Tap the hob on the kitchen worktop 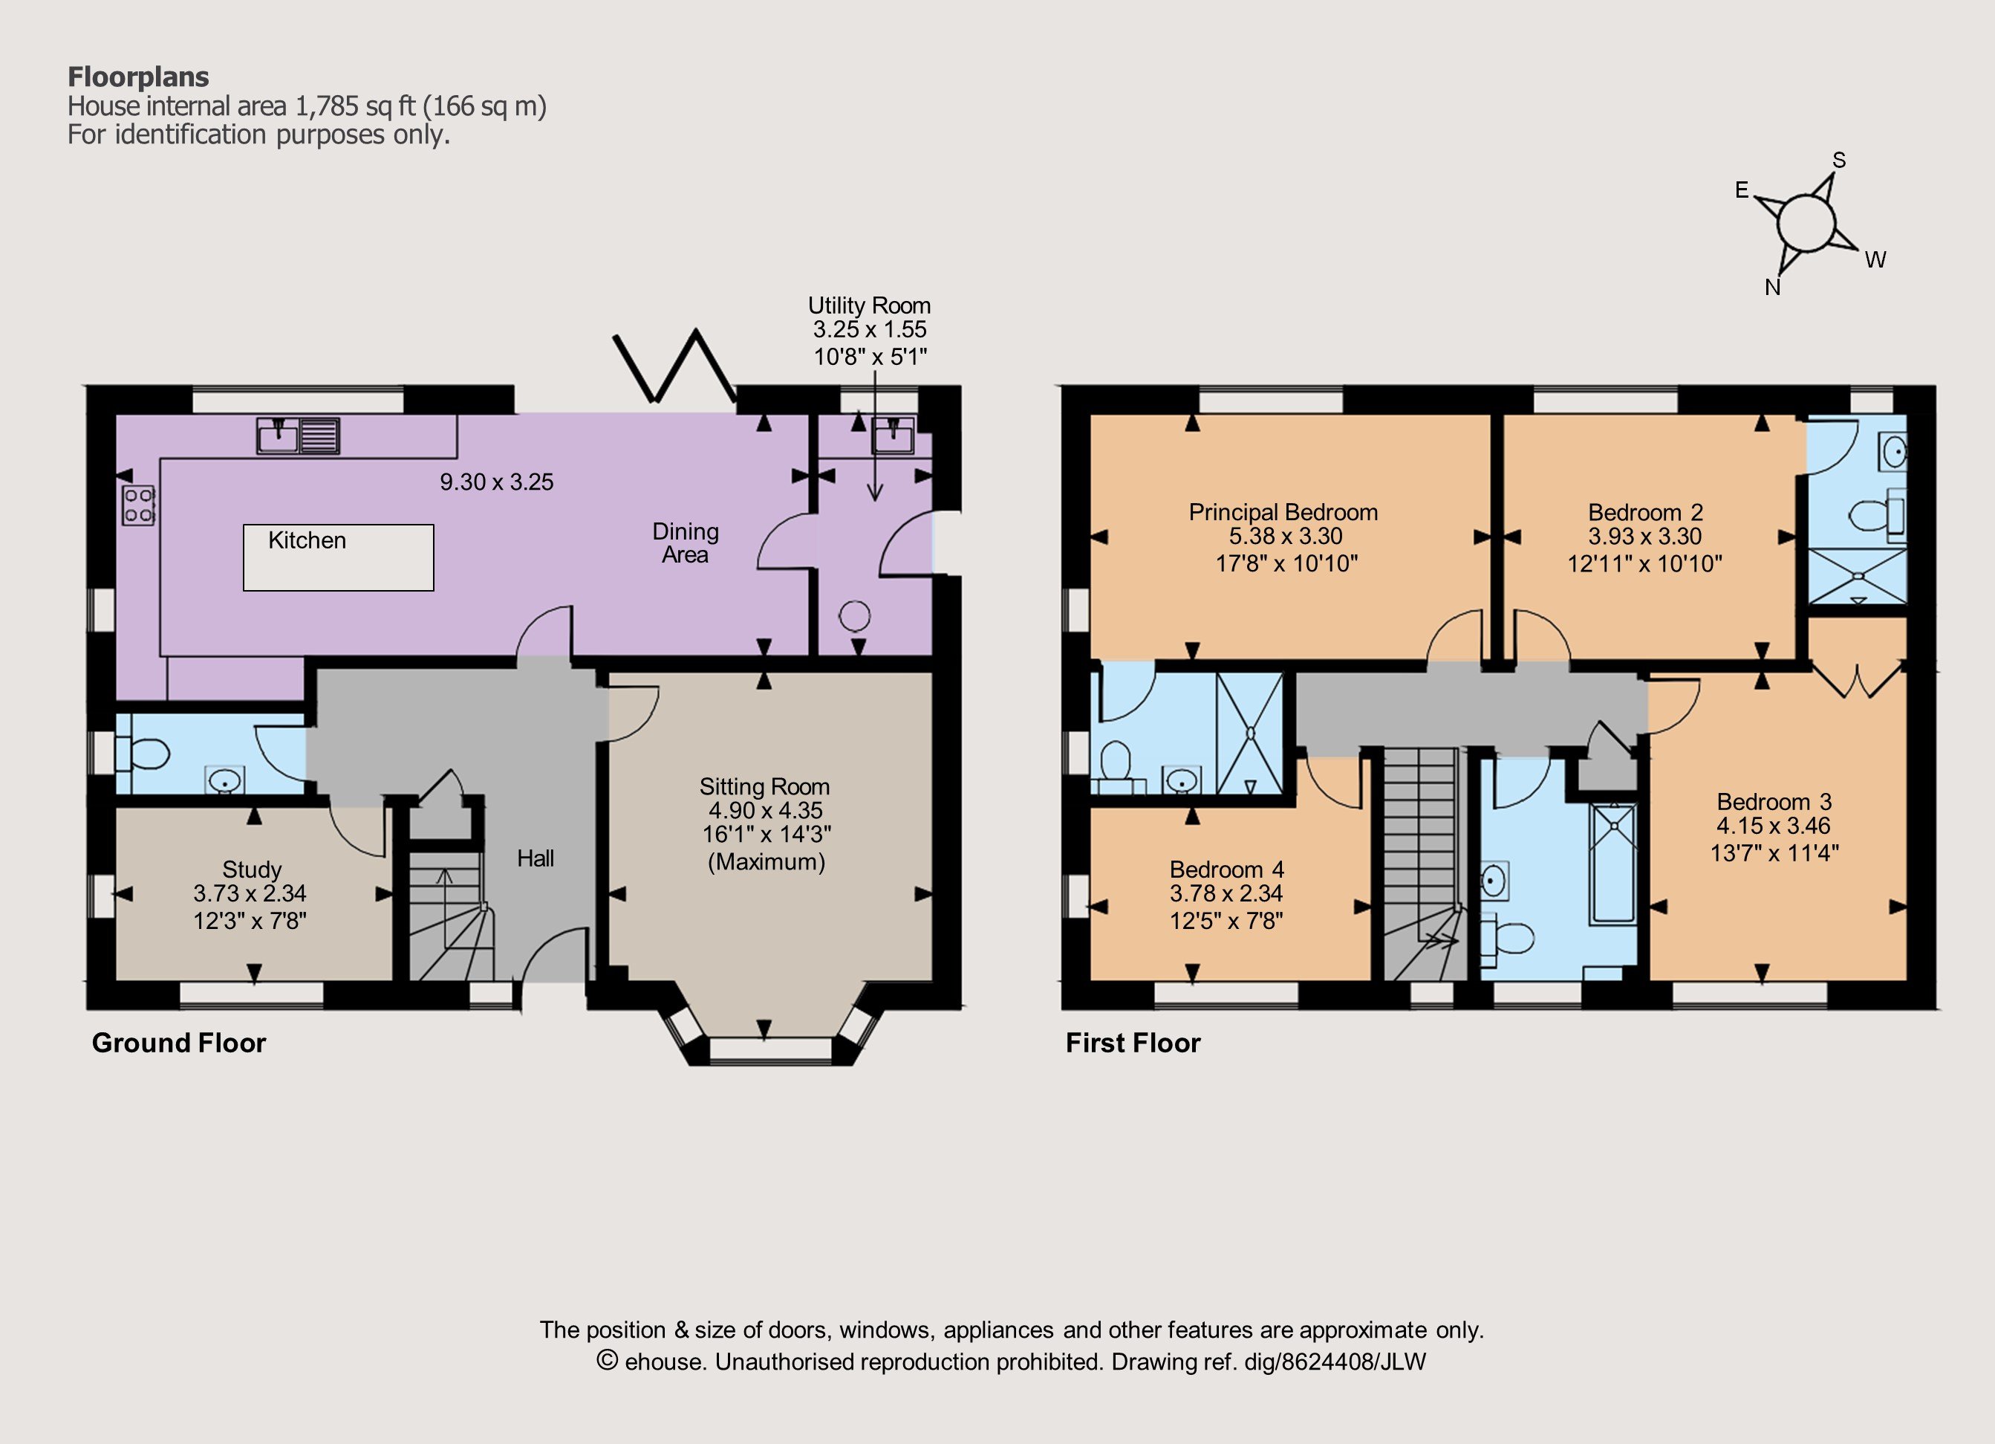[x=139, y=505]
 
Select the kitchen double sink [x=298, y=436]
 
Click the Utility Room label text [x=869, y=305]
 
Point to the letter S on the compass [x=1838, y=160]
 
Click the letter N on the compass [x=1772, y=288]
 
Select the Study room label [x=252, y=870]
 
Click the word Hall [x=536, y=858]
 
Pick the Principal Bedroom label [x=1283, y=512]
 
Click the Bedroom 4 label [x=1227, y=870]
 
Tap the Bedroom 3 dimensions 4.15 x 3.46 [x=1774, y=826]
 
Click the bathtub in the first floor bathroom [x=1612, y=864]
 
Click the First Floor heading [x=1133, y=1043]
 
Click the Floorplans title [x=138, y=77]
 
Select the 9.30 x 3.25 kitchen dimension [x=497, y=482]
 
